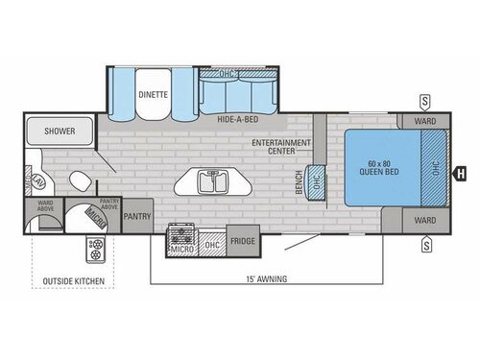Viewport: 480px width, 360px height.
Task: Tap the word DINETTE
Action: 153,95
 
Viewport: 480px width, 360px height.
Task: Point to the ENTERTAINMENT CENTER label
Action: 281,145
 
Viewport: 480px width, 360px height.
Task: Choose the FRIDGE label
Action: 243,241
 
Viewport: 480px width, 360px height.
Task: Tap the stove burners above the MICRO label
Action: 180,233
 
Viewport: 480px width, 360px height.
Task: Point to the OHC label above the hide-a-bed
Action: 227,73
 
